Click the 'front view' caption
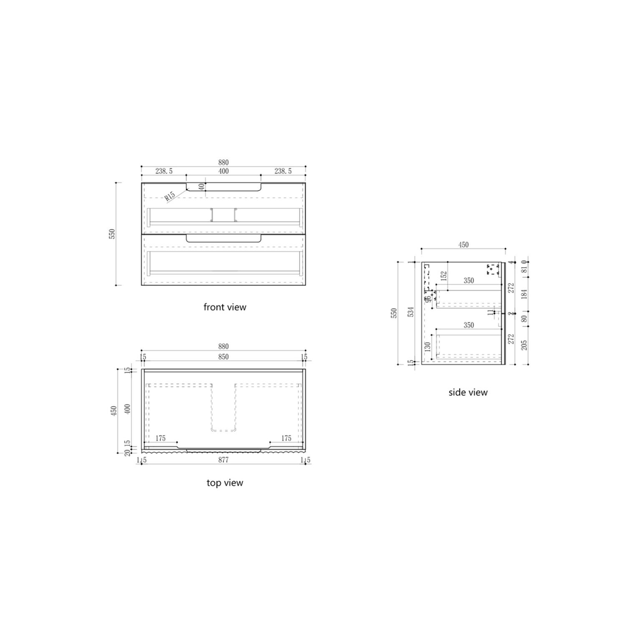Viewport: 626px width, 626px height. point(224,307)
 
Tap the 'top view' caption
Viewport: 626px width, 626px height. point(224,482)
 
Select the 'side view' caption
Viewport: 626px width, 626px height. point(468,392)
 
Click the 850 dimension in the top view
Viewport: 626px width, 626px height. point(223,356)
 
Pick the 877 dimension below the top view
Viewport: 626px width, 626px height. point(223,460)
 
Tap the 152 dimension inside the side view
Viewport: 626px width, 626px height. point(443,276)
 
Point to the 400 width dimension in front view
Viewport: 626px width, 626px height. point(223,172)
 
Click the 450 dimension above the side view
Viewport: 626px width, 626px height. point(463,245)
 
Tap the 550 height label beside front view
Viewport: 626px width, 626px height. point(113,234)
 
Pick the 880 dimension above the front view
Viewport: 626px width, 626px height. point(223,162)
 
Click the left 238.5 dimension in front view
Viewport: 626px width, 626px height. point(163,172)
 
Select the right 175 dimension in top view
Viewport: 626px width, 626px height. point(286,439)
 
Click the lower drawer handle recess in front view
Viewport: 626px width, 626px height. point(223,238)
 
